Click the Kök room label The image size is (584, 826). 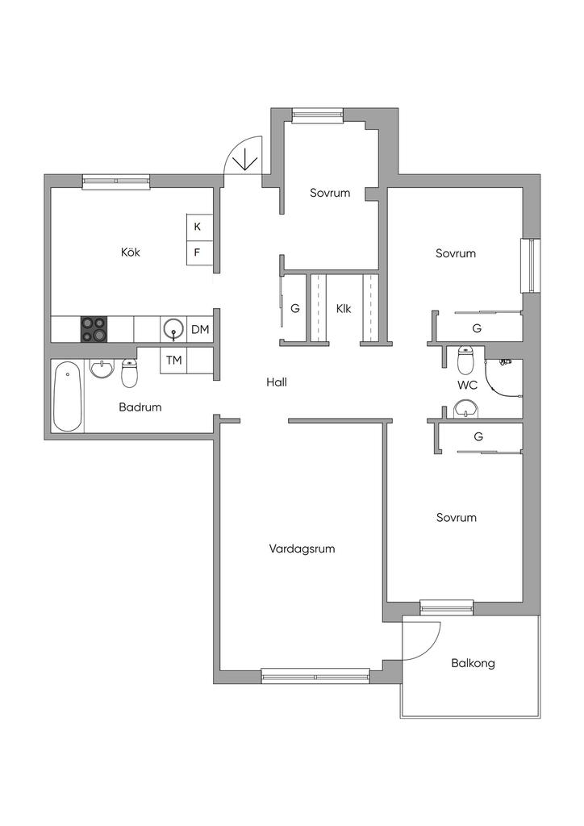click(x=131, y=252)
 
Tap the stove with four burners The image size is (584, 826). click(x=94, y=329)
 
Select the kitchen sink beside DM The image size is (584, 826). click(x=173, y=330)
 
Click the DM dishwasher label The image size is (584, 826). click(x=200, y=330)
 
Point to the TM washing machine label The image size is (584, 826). click(x=173, y=361)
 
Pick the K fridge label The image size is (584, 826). click(x=198, y=227)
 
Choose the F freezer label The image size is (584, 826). click(x=198, y=252)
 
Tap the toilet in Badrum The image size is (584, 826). click(x=129, y=373)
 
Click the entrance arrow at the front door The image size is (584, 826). click(x=245, y=160)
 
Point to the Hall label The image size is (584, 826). click(x=277, y=382)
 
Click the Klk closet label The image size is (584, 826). click(x=344, y=309)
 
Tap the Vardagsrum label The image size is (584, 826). click(x=302, y=549)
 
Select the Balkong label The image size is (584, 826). click(x=473, y=663)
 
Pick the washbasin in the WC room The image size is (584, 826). click(x=466, y=409)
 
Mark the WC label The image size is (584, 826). click(x=467, y=385)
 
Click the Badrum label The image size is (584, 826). click(x=140, y=407)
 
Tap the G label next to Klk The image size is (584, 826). click(x=295, y=309)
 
